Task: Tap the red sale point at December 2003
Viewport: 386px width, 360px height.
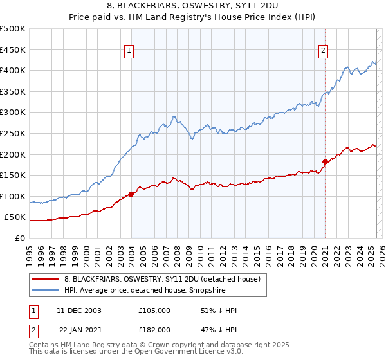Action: tap(131, 194)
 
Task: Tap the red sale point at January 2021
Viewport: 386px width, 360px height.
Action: tap(325, 161)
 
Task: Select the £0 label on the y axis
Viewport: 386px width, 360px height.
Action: tap(19, 238)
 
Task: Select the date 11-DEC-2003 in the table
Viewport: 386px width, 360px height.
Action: tap(79, 310)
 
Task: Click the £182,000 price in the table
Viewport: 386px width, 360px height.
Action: tap(154, 329)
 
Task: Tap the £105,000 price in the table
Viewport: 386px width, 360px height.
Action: tap(154, 310)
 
